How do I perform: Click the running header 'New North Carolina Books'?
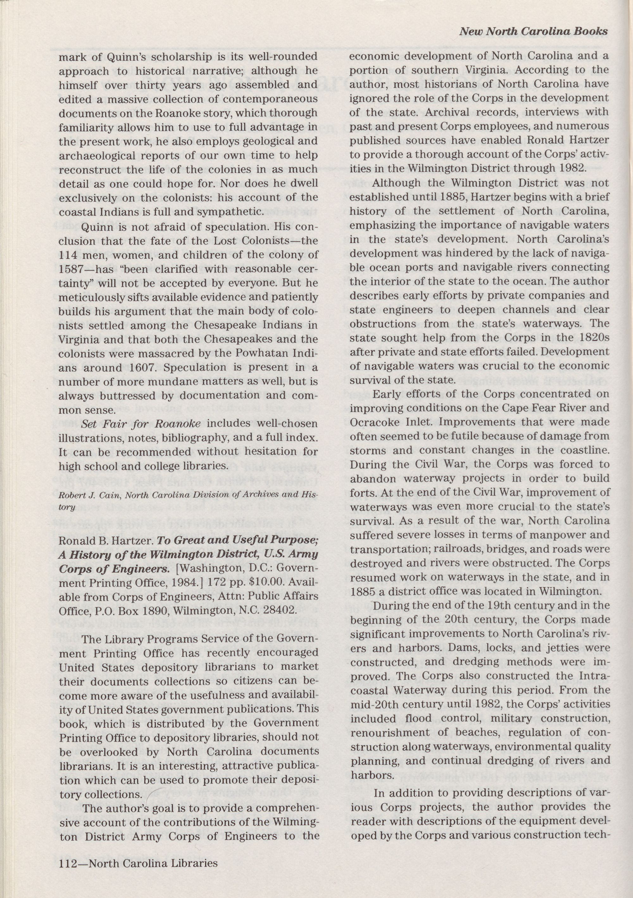[533, 31]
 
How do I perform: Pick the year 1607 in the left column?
[142, 368]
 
